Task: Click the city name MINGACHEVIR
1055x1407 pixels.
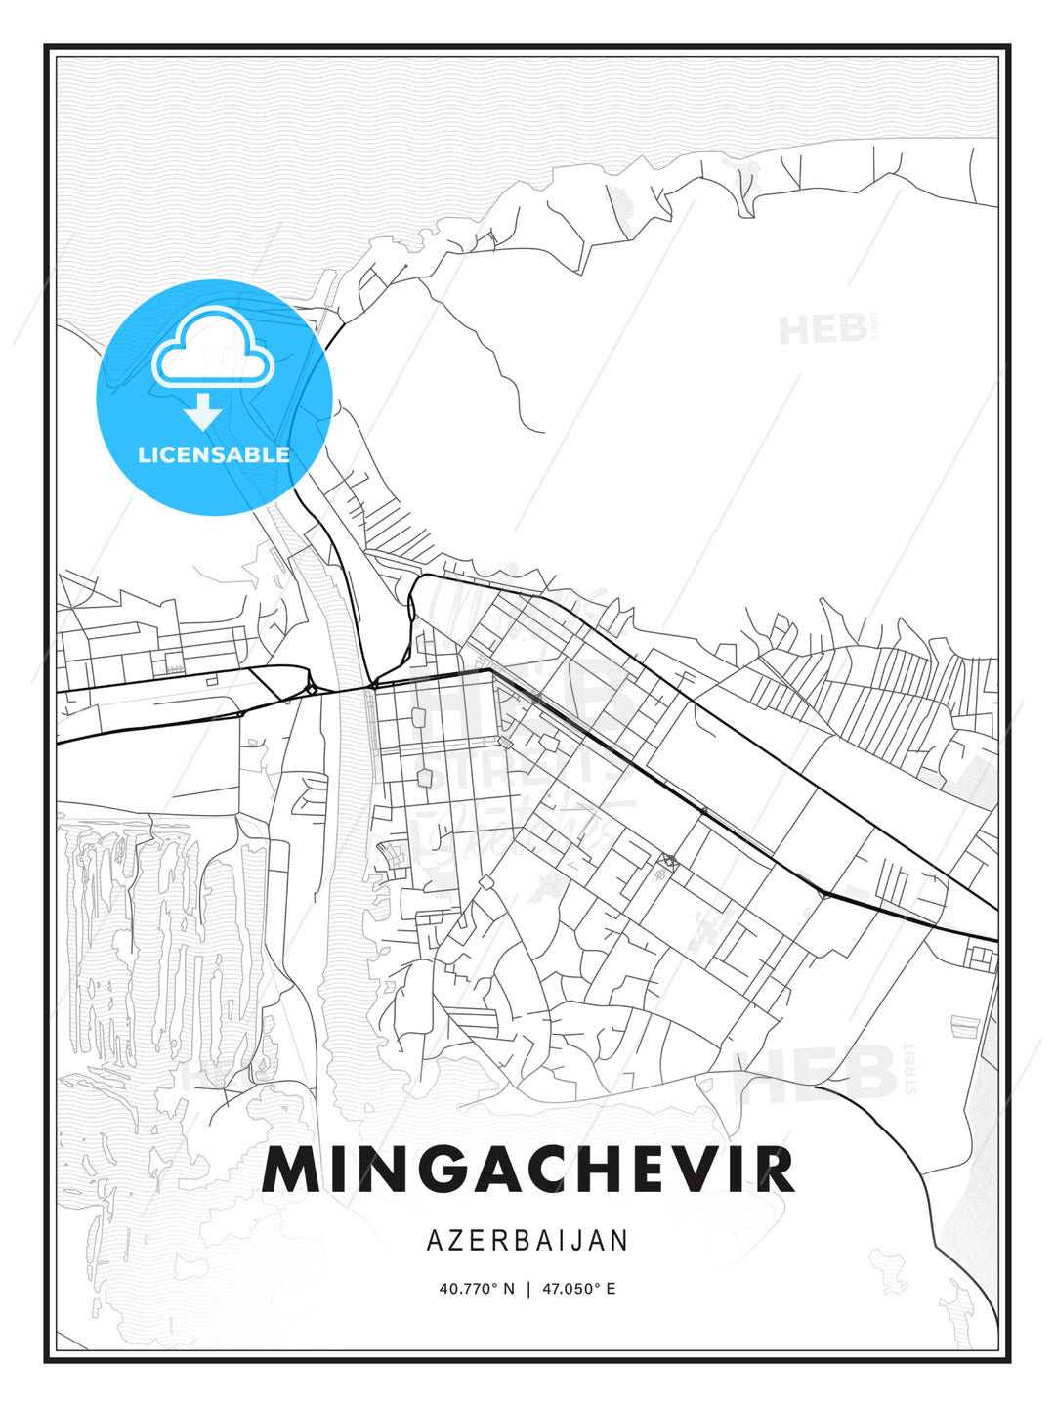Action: pyautogui.click(x=527, y=1169)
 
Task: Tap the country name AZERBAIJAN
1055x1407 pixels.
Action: pyautogui.click(x=527, y=1240)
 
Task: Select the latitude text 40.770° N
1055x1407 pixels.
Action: pyautogui.click(x=477, y=1289)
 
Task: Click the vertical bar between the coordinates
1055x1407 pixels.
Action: pyautogui.click(x=528, y=1289)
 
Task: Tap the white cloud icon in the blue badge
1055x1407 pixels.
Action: pyautogui.click(x=212, y=348)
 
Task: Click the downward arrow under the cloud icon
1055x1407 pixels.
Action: pyautogui.click(x=203, y=412)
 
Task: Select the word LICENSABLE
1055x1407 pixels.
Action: pyautogui.click(x=214, y=454)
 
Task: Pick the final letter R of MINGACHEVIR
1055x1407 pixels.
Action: pyautogui.click(x=775, y=1169)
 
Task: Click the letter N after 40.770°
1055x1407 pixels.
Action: pyautogui.click(x=508, y=1289)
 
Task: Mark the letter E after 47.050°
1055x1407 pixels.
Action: pyautogui.click(x=611, y=1289)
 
